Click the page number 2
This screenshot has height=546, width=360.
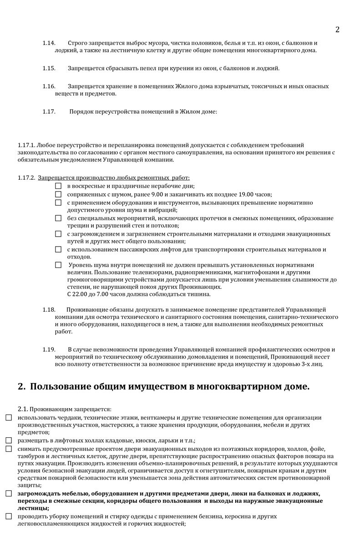337,30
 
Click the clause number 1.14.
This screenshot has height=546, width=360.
49,43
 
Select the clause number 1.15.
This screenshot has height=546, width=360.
49,68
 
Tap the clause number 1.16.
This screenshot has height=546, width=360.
49,86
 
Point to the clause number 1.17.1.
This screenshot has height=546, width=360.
26,145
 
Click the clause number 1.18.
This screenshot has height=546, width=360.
49,309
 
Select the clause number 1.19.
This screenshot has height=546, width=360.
49,349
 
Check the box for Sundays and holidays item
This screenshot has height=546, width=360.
58,186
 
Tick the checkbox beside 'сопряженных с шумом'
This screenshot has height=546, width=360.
58,194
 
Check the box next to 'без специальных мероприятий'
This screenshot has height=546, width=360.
58,218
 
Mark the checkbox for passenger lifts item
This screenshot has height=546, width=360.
58,249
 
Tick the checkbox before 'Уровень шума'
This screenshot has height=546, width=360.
58,265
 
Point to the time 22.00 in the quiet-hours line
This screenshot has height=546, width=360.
80,294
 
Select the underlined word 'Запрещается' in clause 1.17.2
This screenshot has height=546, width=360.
53,177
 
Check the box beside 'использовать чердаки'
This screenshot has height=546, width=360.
9,417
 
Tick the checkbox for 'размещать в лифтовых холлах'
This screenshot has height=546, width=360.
9,440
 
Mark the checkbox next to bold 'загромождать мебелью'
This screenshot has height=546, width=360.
9,493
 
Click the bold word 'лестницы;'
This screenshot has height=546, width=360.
34,508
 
